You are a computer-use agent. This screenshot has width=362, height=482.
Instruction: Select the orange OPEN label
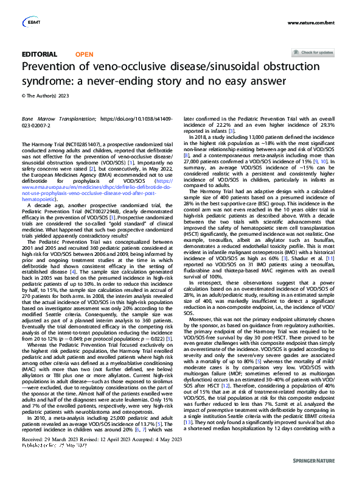[84, 54]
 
